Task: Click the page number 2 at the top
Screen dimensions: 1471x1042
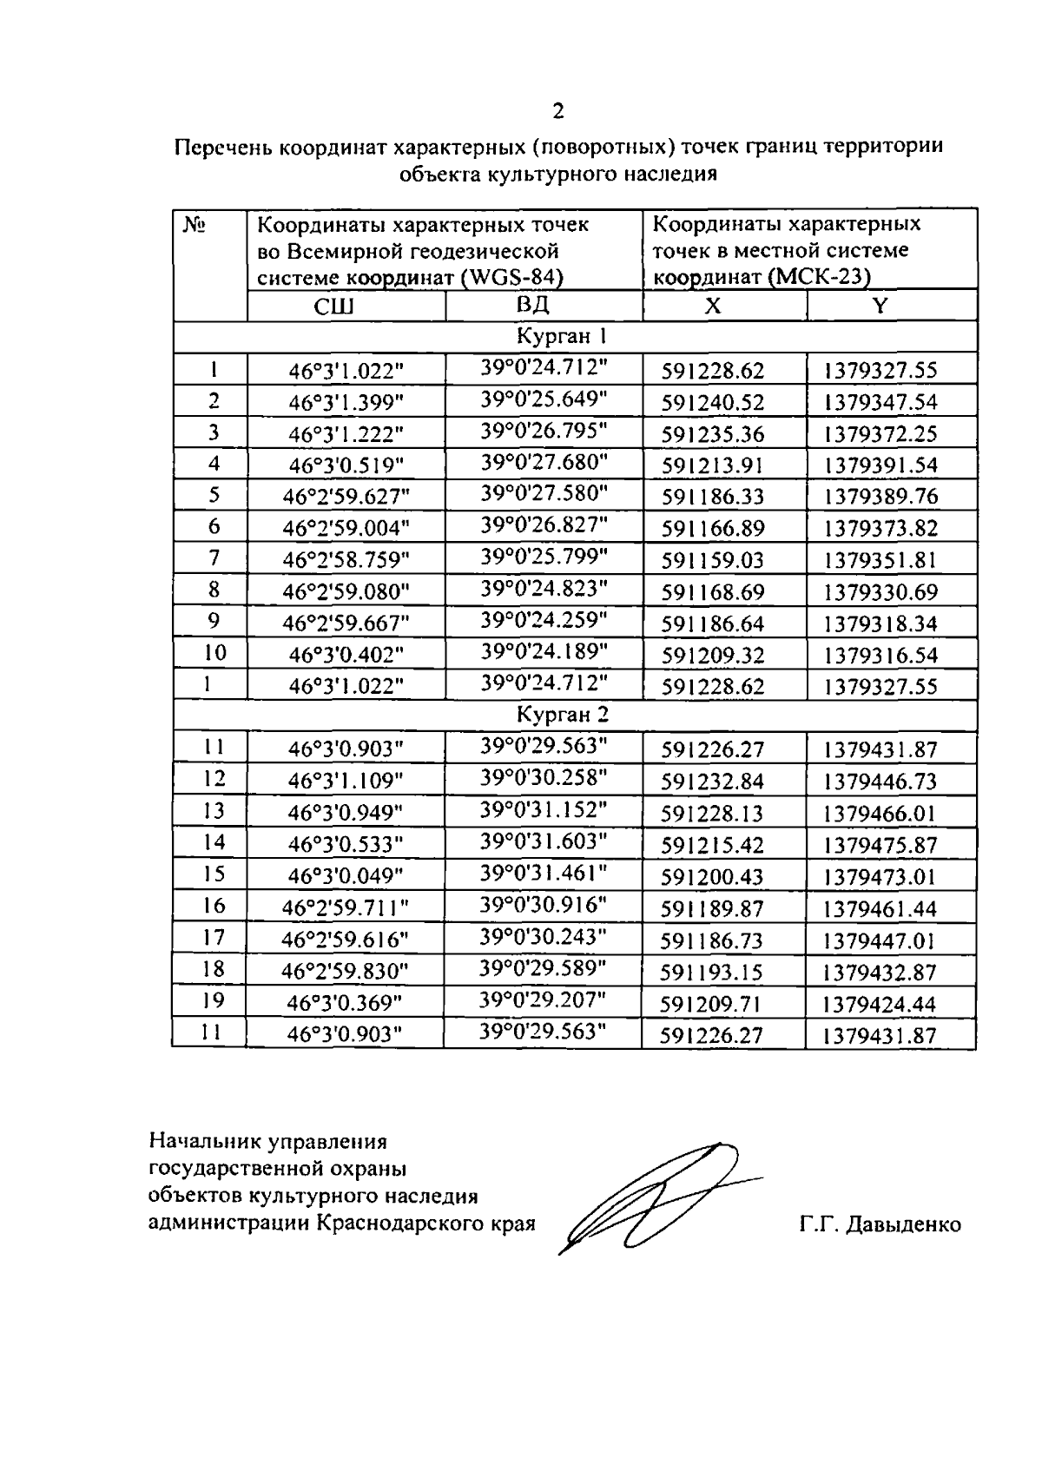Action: (557, 111)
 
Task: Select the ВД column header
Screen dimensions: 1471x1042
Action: (533, 305)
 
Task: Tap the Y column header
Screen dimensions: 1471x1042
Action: (880, 306)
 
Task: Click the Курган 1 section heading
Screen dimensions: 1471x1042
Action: (566, 336)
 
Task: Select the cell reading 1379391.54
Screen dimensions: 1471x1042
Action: (880, 465)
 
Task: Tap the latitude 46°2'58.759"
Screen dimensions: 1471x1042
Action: (346, 560)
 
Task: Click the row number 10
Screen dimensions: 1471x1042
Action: (214, 652)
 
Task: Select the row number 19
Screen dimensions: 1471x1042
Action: (213, 1000)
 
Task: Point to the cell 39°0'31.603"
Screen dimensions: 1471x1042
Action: (543, 840)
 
